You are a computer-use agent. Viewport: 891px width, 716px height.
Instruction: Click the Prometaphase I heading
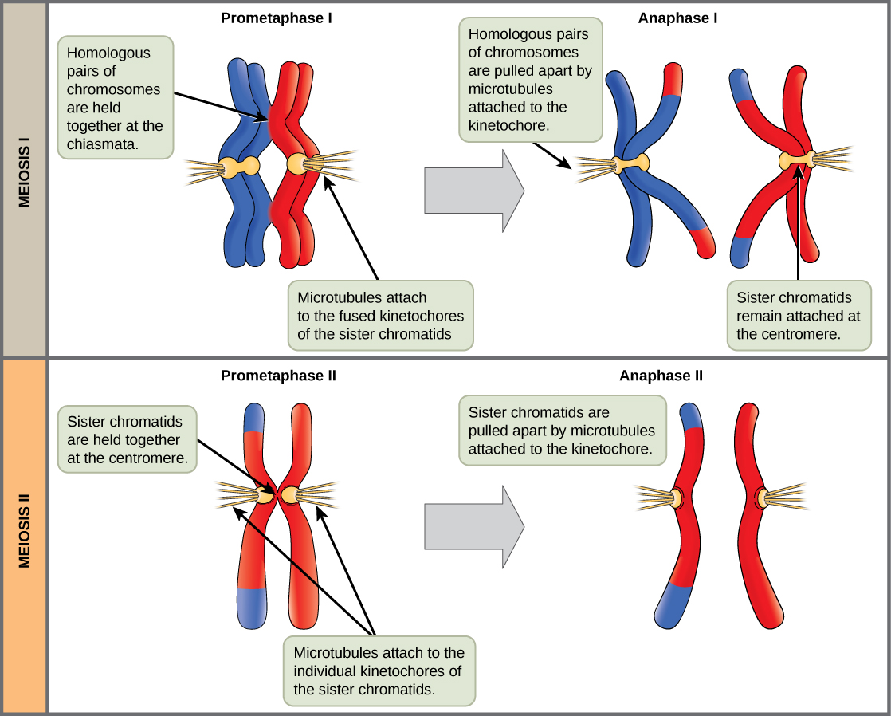(x=277, y=17)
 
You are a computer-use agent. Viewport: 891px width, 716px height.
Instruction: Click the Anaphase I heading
(x=677, y=17)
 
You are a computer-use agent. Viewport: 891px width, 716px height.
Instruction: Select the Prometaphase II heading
(x=278, y=375)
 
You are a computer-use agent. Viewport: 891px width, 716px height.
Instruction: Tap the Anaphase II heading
(x=661, y=375)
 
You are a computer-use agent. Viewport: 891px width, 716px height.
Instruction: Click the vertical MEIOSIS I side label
(x=24, y=179)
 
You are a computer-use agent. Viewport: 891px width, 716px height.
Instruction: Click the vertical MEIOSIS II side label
(x=24, y=536)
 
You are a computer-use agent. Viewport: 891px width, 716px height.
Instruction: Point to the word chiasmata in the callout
(x=100, y=144)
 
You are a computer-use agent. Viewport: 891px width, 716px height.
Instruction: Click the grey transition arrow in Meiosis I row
(x=474, y=189)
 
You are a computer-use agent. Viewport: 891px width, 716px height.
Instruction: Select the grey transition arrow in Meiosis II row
(x=474, y=526)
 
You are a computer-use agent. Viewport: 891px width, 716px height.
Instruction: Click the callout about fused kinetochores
(x=380, y=316)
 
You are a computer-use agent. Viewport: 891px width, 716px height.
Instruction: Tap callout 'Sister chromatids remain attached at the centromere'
(x=798, y=316)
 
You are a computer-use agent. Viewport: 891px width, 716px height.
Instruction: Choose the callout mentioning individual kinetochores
(x=379, y=671)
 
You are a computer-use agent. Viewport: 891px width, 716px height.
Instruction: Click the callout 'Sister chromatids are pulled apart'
(x=562, y=431)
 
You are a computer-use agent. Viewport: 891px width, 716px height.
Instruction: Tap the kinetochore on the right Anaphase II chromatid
(x=762, y=499)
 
